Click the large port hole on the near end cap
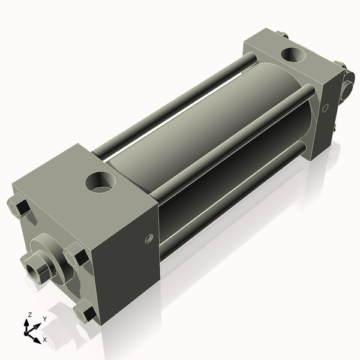pyautogui.click(x=100, y=181)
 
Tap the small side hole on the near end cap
pyautogui.click(x=149, y=238)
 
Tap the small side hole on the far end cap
pyautogui.click(x=325, y=109)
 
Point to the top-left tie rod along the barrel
pyautogui.click(x=174, y=102)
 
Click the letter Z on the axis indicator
pyautogui.click(x=29, y=314)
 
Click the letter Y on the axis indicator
pyautogui.click(x=44, y=319)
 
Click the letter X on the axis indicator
pyautogui.click(x=44, y=339)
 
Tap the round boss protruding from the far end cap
pyautogui.click(x=348, y=87)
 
